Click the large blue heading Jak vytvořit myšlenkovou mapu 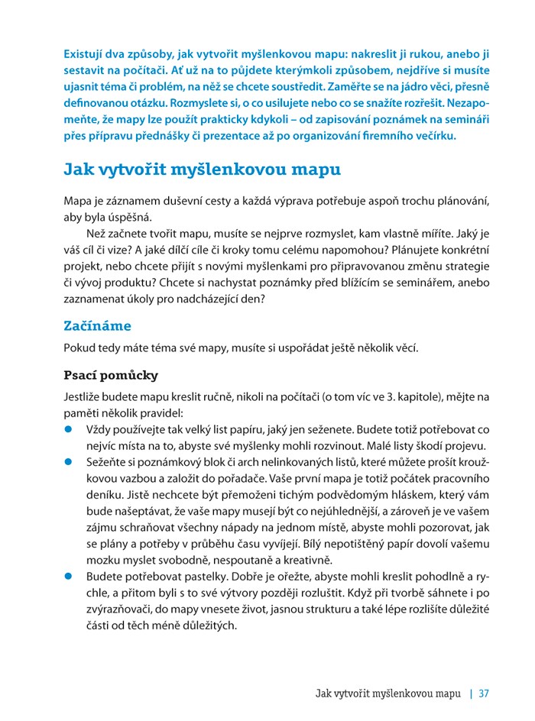[202, 169]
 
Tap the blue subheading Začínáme [97, 325]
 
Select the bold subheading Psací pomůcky [111, 376]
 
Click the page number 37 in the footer [483, 694]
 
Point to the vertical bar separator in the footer [471, 694]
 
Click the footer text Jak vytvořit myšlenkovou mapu [388, 694]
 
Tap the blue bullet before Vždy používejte [68, 430]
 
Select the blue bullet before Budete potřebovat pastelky [68, 576]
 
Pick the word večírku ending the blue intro [433, 137]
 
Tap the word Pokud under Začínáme [79, 348]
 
